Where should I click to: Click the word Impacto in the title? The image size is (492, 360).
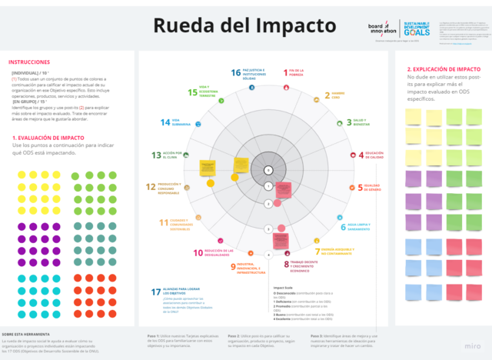tap(284, 26)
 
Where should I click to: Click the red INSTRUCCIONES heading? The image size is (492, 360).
tap(29, 62)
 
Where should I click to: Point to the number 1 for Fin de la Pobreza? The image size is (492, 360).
tap(286, 74)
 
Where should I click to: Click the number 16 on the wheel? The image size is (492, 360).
tap(236, 73)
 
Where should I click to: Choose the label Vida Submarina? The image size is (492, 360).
tap(176, 122)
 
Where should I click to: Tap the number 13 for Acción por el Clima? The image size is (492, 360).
tap(156, 155)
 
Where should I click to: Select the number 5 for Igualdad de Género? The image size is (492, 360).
tap(360, 187)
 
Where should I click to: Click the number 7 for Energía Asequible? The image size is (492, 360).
tap(317, 252)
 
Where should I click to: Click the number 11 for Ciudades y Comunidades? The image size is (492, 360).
tap(163, 223)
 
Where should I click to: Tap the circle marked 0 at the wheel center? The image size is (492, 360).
tap(268, 170)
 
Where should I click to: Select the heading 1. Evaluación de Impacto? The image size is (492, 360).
tap(48, 138)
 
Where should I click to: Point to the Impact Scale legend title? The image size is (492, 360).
tap(284, 288)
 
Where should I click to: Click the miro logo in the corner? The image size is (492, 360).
tap(474, 347)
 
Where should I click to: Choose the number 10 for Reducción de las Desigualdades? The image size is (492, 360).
tap(198, 252)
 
